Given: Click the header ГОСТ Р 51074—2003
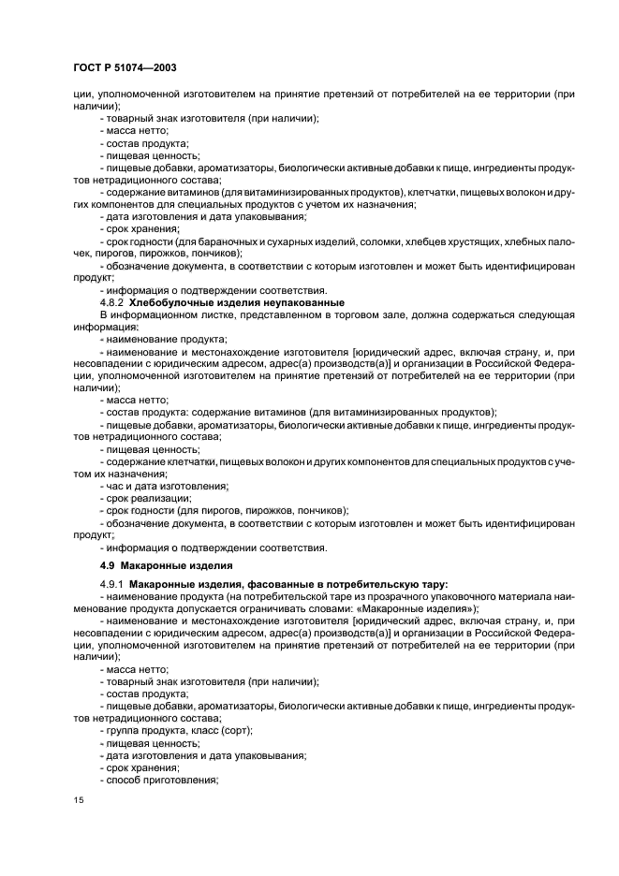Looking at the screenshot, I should tap(124, 69).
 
